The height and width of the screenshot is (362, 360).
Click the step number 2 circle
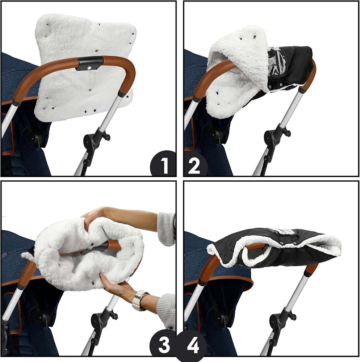(194, 165)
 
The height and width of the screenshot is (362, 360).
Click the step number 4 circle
(192, 345)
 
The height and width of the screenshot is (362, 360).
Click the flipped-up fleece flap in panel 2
(241, 54)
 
